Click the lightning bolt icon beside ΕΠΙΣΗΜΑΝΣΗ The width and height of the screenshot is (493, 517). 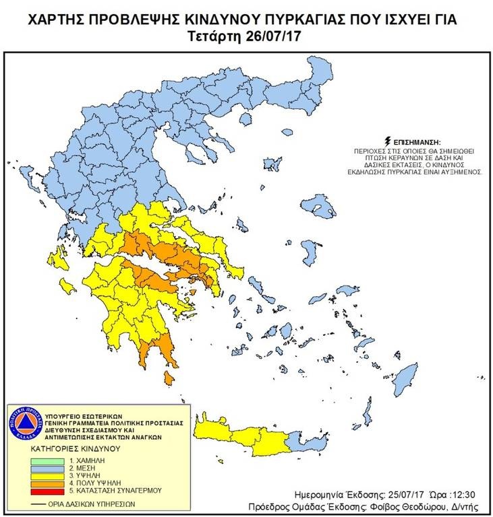coord(386,142)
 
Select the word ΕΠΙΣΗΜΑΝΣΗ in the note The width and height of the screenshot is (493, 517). coord(416,143)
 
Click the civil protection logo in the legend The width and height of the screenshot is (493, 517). coord(24,424)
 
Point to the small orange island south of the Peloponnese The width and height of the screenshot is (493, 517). coord(167,380)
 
